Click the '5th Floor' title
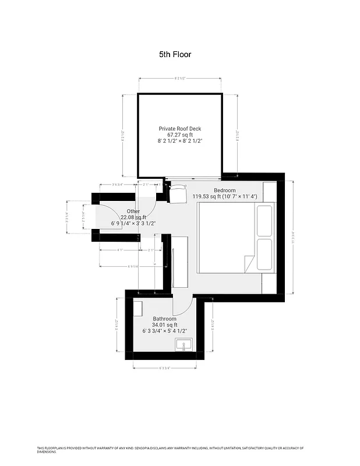coord(175,54)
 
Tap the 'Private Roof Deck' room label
coord(180,129)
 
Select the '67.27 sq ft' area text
coord(180,135)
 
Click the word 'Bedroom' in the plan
coord(225,190)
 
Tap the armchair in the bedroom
coord(177,193)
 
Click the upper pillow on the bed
coord(264,219)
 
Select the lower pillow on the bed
coord(264,254)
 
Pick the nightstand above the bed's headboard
coord(269,191)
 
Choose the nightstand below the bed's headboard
coord(269,283)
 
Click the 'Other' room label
coord(133,211)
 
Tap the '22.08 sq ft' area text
coord(133,217)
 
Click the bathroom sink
coord(184,345)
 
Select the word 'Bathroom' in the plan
coord(164,319)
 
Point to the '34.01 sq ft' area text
coord(164,325)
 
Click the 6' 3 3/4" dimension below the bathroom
coord(165,368)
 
